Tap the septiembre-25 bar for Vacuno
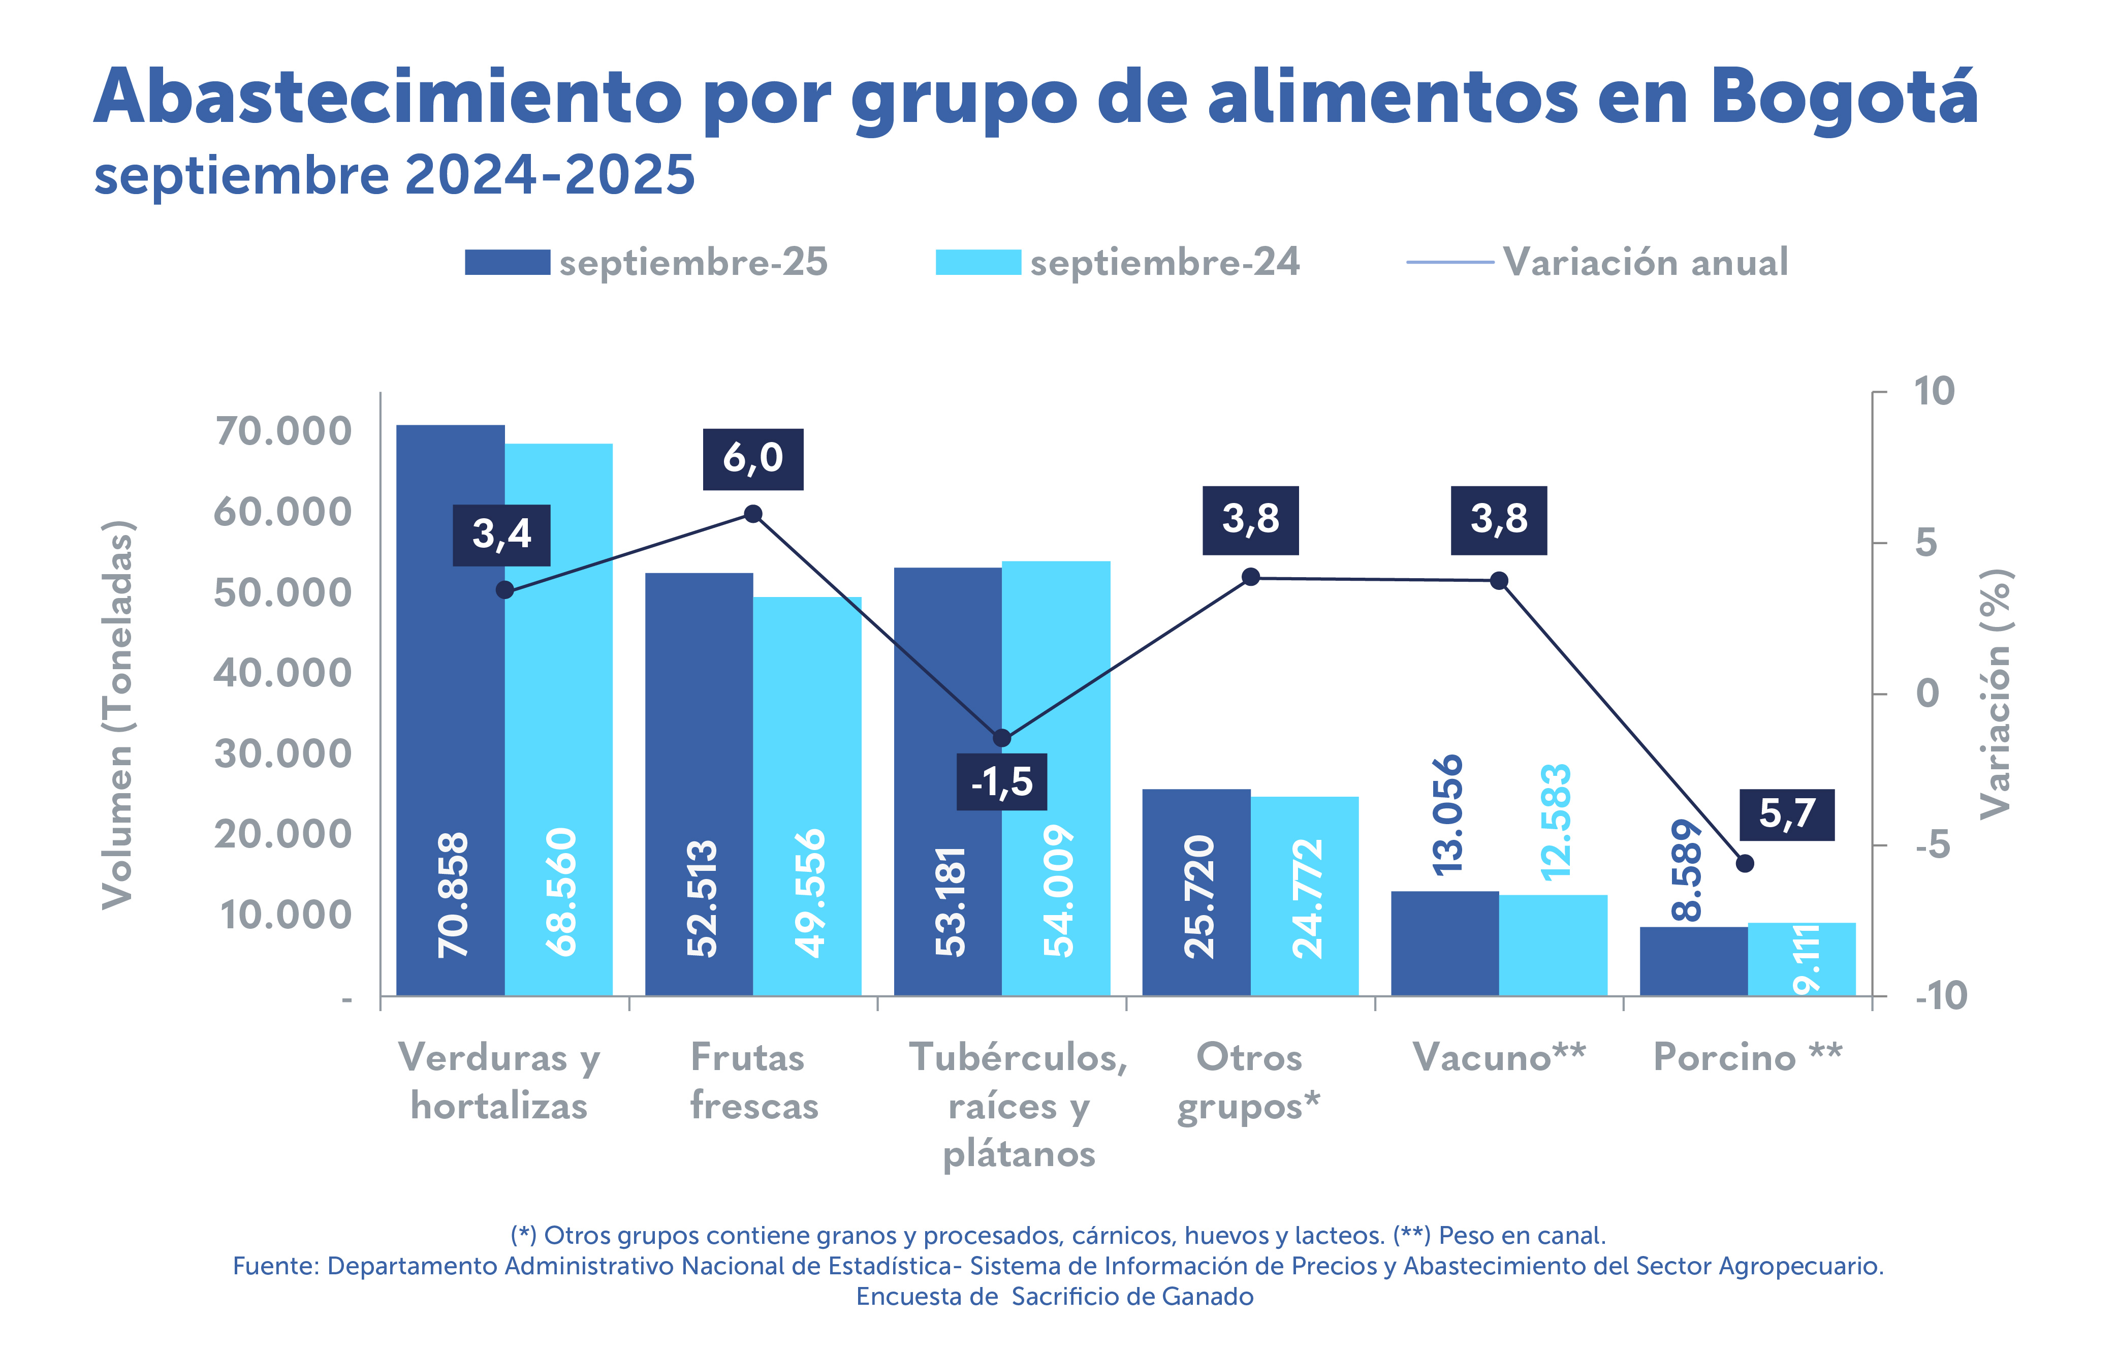click(x=1444, y=943)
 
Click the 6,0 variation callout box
click(x=752, y=459)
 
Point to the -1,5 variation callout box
click(x=1001, y=782)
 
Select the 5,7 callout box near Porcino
click(x=1786, y=814)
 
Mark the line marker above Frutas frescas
click(x=752, y=514)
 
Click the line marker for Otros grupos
click(x=1250, y=577)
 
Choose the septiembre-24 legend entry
click(x=1117, y=262)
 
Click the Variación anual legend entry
click(x=1598, y=262)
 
